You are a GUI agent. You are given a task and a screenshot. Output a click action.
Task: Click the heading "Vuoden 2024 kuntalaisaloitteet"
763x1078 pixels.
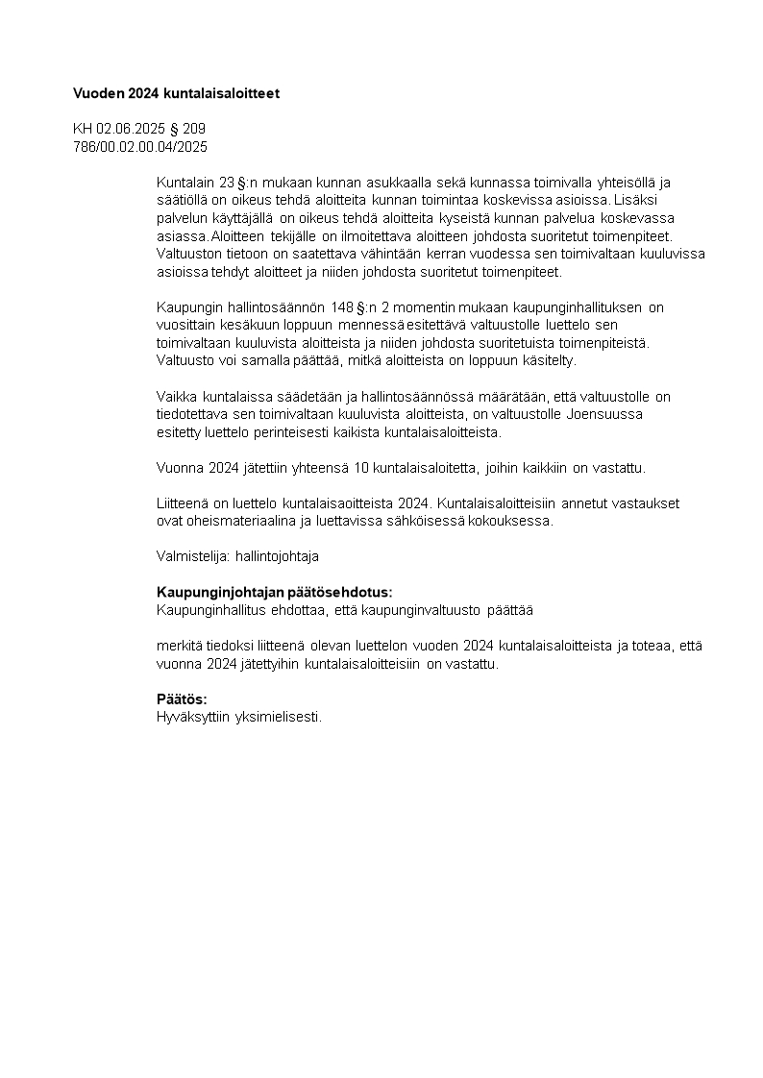(176, 93)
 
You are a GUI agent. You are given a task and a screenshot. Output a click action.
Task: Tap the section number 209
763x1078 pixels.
(194, 129)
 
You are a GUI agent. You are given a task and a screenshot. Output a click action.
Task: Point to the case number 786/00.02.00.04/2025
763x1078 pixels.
(140, 146)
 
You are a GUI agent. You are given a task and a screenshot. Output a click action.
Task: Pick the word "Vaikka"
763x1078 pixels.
(176, 397)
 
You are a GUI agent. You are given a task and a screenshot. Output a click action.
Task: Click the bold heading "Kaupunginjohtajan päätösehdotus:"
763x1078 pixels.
(275, 592)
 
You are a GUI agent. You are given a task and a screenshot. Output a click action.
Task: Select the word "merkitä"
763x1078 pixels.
(178, 646)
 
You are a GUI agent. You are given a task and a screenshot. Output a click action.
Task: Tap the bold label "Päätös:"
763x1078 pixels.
(182, 699)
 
